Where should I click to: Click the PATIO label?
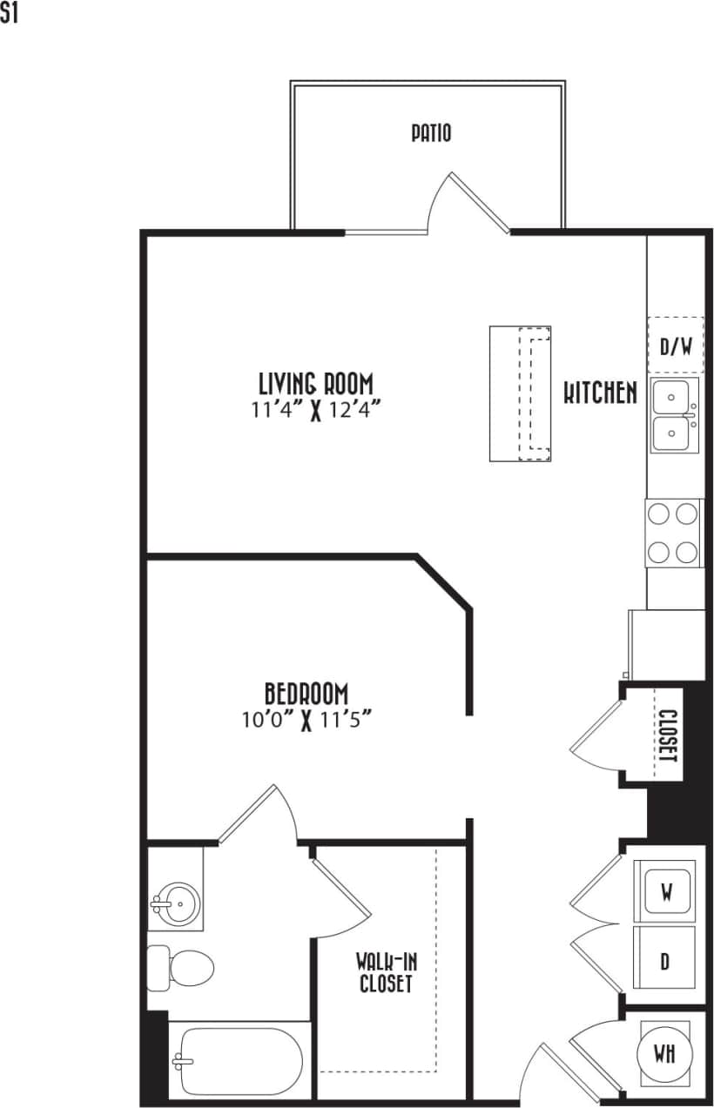pyautogui.click(x=431, y=133)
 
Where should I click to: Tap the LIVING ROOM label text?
pyautogui.click(x=316, y=383)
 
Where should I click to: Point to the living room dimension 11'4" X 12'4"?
pyautogui.click(x=316, y=408)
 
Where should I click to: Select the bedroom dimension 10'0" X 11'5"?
pyautogui.click(x=306, y=719)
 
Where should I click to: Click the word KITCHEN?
pyautogui.click(x=600, y=393)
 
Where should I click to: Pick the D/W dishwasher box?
pyautogui.click(x=675, y=346)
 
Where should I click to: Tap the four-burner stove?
pyautogui.click(x=675, y=533)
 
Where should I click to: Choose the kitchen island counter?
pyautogui.click(x=520, y=393)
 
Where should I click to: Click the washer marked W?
pyautogui.click(x=666, y=890)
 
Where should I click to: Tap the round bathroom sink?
pyautogui.click(x=178, y=904)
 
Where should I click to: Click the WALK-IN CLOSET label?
pyautogui.click(x=383, y=973)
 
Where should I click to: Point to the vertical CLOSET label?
pyautogui.click(x=668, y=736)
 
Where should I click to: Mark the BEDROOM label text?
pyautogui.click(x=306, y=694)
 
